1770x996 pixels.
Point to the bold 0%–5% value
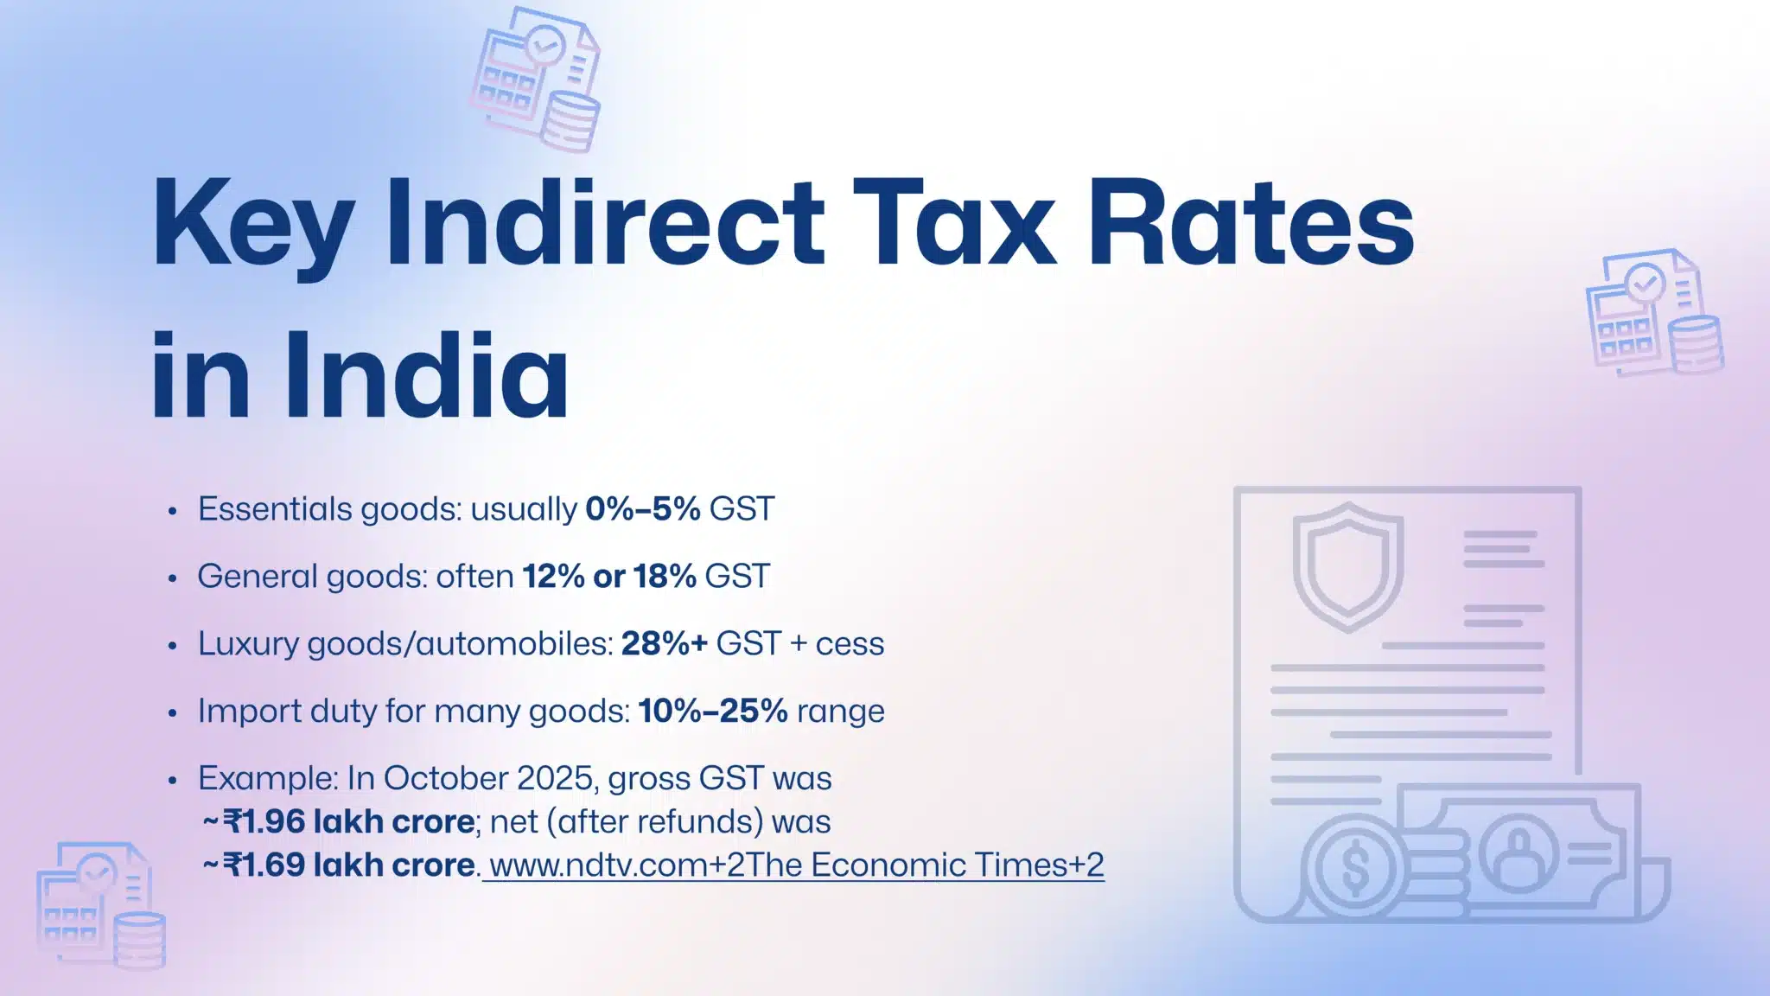pyautogui.click(x=642, y=509)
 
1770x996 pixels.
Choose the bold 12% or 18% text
pyautogui.click(x=609, y=577)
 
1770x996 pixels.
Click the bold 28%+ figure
pyautogui.click(x=664, y=644)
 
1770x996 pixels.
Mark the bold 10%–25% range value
pyautogui.click(x=713, y=712)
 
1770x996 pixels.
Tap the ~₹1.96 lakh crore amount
pyautogui.click(x=339, y=821)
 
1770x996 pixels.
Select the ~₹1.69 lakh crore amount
pyautogui.click(x=339, y=865)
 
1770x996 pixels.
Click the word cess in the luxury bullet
pyautogui.click(x=850, y=644)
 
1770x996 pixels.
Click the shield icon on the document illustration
pyautogui.click(x=1347, y=565)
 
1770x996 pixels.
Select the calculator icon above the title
pyautogui.click(x=536, y=78)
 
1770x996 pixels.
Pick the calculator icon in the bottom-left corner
pyautogui.click(x=99, y=903)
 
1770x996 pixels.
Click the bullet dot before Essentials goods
pyautogui.click(x=173, y=511)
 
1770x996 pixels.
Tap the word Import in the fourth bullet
pyautogui.click(x=248, y=712)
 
